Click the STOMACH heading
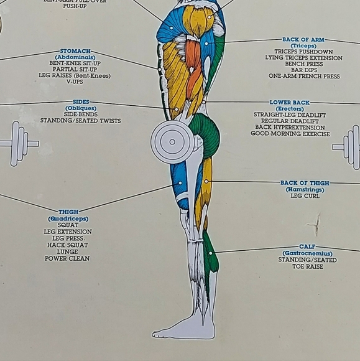tap(75, 51)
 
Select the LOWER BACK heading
tap(290, 103)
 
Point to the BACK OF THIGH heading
tap(305, 184)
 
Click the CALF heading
tap(307, 247)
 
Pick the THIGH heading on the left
tap(68, 212)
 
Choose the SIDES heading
tap(81, 101)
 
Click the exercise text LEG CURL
tap(305, 196)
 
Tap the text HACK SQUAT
tap(68, 245)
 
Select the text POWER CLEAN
tap(67, 259)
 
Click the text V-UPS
tap(75, 82)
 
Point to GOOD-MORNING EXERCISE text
tap(290, 134)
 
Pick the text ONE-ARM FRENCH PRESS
tap(304, 77)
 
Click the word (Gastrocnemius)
tap(307, 254)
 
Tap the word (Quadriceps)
tap(68, 219)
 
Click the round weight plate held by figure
tap(172, 142)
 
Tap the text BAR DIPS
tap(304, 70)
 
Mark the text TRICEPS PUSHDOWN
tap(303, 52)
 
